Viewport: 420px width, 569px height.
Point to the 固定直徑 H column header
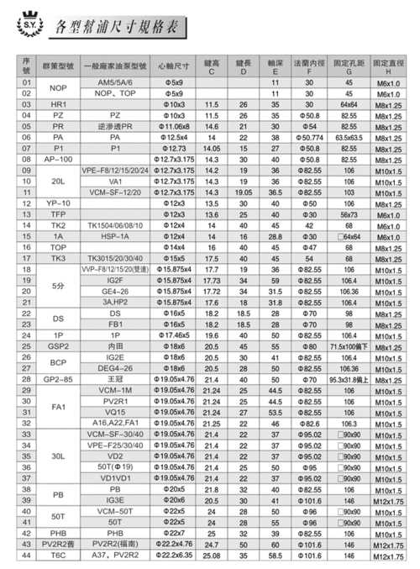388,65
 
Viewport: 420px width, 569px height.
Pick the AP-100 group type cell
58,158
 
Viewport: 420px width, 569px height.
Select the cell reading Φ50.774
311,136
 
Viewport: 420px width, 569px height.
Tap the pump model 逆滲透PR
115,125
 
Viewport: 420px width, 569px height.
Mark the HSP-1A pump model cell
115,237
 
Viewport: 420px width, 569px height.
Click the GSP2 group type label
58,345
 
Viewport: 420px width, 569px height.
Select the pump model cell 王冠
115,379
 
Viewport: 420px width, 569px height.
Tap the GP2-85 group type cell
58,379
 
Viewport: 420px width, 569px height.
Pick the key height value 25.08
212,554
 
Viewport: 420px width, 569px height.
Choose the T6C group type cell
58,554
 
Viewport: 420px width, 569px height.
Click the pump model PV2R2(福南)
115,543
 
